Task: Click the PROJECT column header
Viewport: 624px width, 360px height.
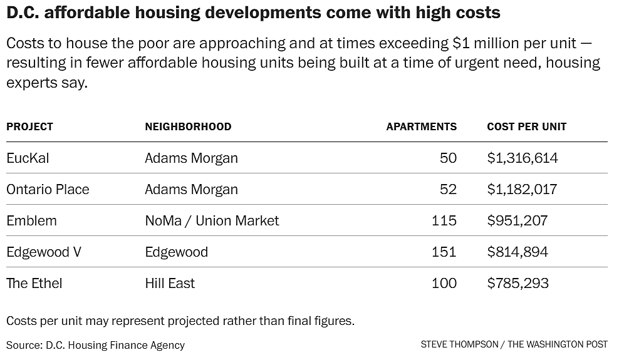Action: tap(29, 126)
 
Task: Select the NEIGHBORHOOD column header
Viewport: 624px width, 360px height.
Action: tap(188, 126)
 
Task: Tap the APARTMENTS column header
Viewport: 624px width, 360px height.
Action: tap(421, 126)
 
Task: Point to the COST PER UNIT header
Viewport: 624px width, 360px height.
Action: tap(526, 126)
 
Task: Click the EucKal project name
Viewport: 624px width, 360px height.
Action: tap(28, 158)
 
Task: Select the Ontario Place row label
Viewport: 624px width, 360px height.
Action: tap(48, 189)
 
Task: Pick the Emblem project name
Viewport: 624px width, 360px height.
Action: tap(31, 220)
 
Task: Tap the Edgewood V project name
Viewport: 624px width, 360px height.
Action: tap(44, 252)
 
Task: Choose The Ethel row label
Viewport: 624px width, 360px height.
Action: tap(34, 283)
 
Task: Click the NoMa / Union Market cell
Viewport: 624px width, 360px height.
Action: tap(212, 220)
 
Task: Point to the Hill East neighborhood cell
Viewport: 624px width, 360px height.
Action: tap(170, 283)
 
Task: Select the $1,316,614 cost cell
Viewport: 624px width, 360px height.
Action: tap(523, 158)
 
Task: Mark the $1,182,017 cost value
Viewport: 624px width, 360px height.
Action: tap(522, 189)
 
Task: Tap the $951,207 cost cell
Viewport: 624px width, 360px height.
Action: tap(517, 220)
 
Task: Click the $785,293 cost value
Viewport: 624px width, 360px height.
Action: tap(517, 283)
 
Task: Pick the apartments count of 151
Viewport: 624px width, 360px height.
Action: tap(444, 252)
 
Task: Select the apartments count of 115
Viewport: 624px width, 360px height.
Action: tap(444, 220)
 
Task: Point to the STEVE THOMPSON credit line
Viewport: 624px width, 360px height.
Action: tap(514, 344)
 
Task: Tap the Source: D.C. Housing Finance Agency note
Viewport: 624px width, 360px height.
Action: tap(96, 344)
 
